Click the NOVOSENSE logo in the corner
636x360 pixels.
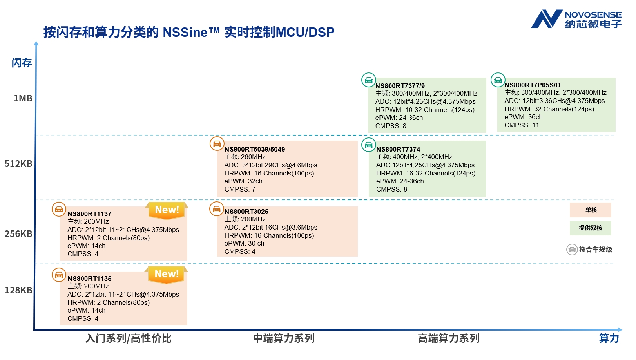click(x=576, y=19)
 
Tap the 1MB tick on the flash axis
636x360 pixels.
click(x=23, y=98)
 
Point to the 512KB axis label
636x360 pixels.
click(x=18, y=164)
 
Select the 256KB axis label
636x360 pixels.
click(x=18, y=234)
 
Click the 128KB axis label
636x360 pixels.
click(x=18, y=290)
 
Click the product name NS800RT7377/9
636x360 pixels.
click(x=400, y=86)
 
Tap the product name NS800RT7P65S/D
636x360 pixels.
click(x=532, y=85)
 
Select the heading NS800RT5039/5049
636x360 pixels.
click(x=254, y=149)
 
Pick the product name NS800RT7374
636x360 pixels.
click(x=398, y=149)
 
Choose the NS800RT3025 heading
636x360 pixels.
click(x=246, y=212)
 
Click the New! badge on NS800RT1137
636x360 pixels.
click(x=167, y=210)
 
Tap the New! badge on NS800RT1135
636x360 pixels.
click(x=167, y=274)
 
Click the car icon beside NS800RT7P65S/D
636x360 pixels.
click(x=498, y=80)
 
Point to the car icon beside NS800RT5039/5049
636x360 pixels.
click(x=217, y=144)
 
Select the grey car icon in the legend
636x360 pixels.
click(x=572, y=250)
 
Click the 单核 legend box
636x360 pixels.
click(x=590, y=210)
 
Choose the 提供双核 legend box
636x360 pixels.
click(x=590, y=228)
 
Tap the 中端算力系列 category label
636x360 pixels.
click(x=283, y=338)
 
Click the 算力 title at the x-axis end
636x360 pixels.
click(x=609, y=338)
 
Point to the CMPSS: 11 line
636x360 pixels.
click(x=521, y=125)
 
